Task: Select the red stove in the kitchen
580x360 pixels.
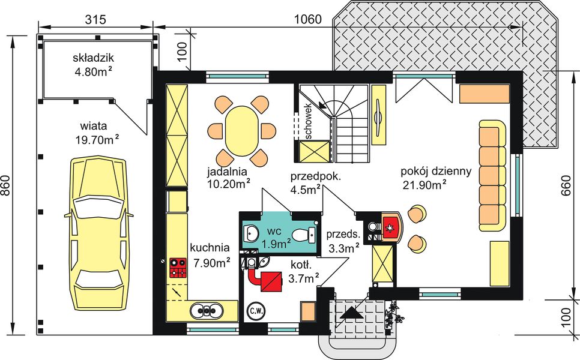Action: click(x=177, y=267)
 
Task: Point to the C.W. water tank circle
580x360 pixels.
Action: click(x=255, y=311)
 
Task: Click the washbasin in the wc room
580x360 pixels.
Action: click(x=251, y=232)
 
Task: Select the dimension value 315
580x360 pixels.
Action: click(x=95, y=20)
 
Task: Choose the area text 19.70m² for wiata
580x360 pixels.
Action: click(x=99, y=140)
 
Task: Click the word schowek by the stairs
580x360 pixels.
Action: click(x=308, y=124)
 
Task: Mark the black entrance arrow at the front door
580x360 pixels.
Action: click(x=351, y=311)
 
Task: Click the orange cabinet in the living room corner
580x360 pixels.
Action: click(x=484, y=93)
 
